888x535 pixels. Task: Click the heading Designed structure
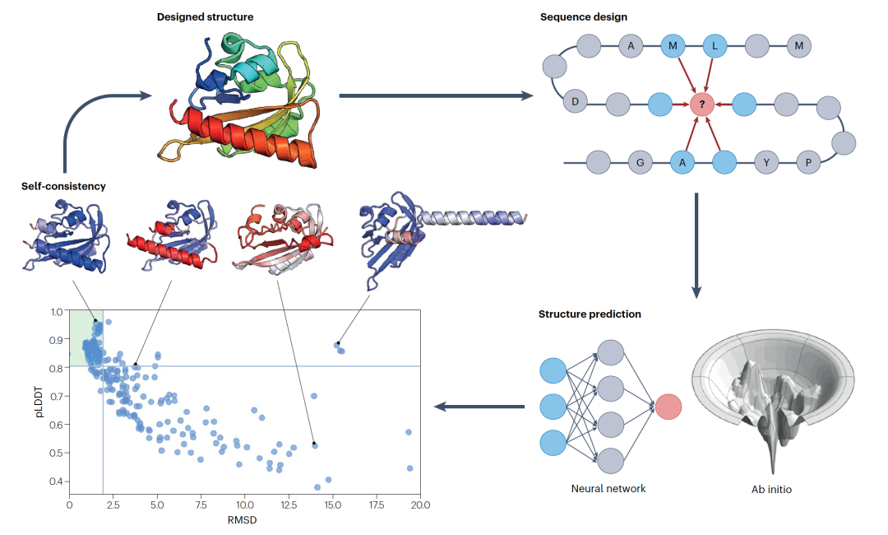[x=206, y=16]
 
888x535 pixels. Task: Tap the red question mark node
[x=701, y=105]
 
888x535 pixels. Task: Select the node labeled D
[x=576, y=102]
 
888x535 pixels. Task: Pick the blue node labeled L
[x=715, y=46]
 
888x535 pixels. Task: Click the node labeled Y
[x=766, y=162]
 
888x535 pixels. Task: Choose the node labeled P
[x=808, y=162]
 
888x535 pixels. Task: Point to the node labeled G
[x=640, y=162]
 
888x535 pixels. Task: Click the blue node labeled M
[x=673, y=46]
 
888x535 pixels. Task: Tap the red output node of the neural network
[x=668, y=407]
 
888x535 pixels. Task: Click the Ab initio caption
[x=771, y=490]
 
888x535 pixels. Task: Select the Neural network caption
[x=608, y=488]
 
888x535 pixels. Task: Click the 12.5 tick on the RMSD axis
[x=289, y=504]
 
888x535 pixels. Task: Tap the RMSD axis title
[x=244, y=520]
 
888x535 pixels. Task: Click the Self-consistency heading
[x=63, y=186]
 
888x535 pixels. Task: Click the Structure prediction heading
[x=590, y=314]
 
